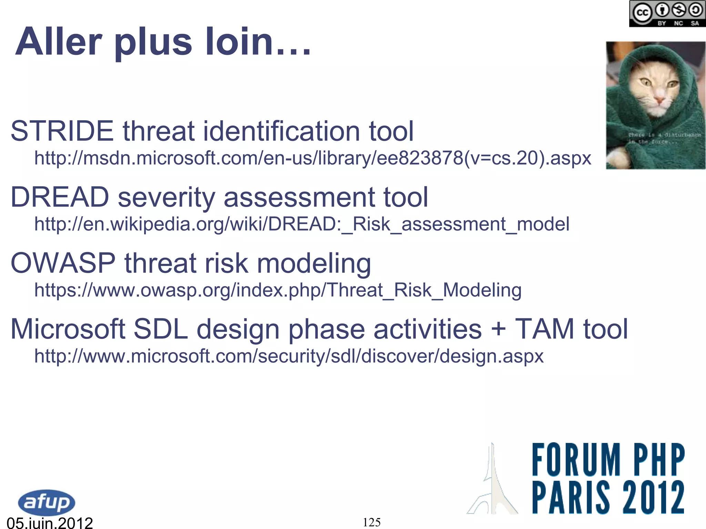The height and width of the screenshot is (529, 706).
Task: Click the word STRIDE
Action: (x=62, y=131)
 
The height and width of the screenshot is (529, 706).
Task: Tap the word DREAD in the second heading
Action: (x=60, y=197)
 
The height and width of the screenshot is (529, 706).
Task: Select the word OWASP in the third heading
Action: (x=63, y=263)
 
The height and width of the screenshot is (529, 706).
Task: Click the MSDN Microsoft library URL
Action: (x=313, y=158)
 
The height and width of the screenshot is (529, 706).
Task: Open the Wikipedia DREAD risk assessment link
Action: (x=302, y=224)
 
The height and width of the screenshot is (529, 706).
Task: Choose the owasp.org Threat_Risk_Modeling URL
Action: (x=278, y=290)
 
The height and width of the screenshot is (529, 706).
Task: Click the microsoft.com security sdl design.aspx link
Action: (x=289, y=356)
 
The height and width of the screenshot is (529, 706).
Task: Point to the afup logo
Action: (x=46, y=502)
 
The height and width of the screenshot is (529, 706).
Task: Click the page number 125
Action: (x=372, y=522)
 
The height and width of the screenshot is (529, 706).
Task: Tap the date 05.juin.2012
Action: (x=50, y=523)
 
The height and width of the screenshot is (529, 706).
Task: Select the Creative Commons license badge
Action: (x=667, y=14)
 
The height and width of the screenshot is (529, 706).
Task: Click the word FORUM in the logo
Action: (x=576, y=460)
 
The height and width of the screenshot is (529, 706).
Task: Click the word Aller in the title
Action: (x=59, y=42)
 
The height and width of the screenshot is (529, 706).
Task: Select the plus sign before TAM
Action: (x=498, y=329)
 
